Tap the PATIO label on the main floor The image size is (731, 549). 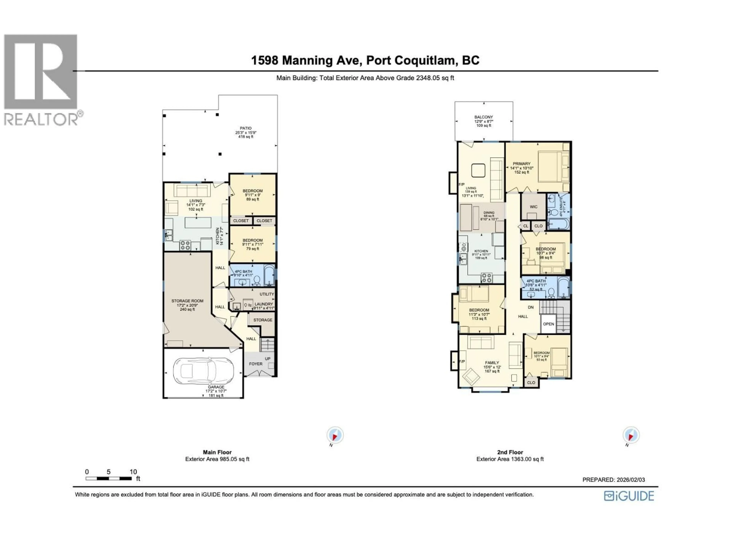coord(246,128)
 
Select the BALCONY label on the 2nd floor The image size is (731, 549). coord(484,117)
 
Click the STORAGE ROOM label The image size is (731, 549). coord(187,301)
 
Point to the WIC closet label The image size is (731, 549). coord(533,207)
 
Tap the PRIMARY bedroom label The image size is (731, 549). coord(521,164)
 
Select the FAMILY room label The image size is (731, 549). coord(492,363)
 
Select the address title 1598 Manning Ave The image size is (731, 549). coord(365,60)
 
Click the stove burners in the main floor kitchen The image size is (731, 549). coord(185,245)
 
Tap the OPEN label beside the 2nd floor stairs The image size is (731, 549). coord(548,324)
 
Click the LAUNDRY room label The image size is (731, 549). coord(264,304)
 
